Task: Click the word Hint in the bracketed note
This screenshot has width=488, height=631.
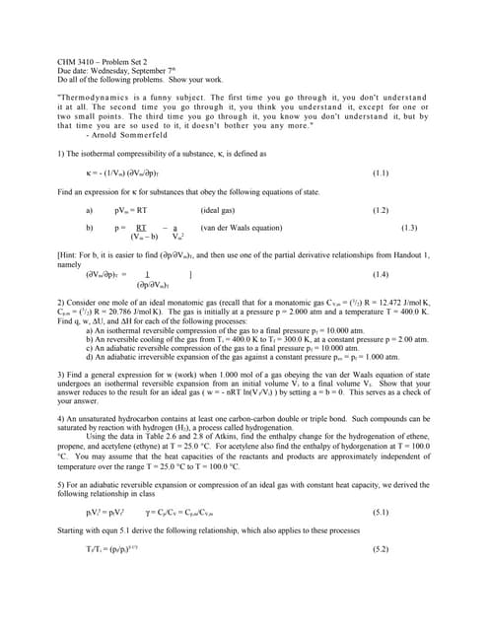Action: point(71,254)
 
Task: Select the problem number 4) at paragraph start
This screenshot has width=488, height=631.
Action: point(61,418)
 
